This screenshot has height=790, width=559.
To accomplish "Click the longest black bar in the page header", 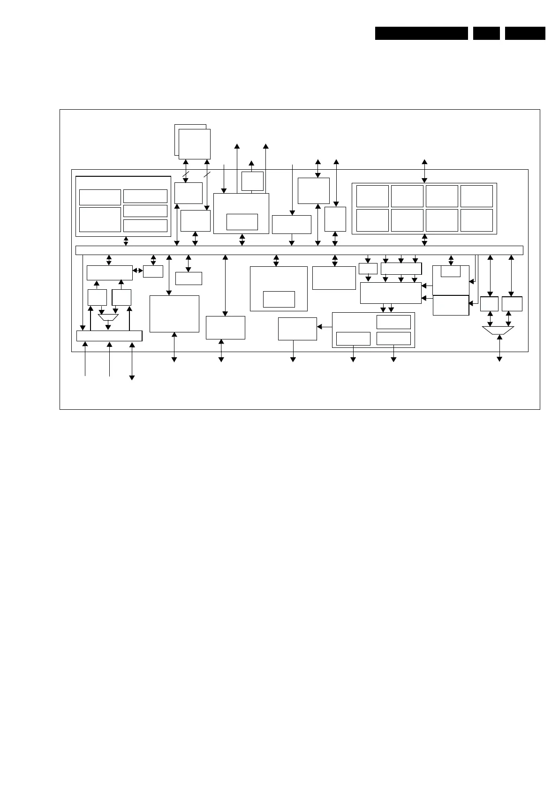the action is [x=421, y=33].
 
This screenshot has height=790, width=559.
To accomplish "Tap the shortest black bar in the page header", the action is [x=486, y=33].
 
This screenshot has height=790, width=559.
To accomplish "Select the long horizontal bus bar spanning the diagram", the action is [x=299, y=250].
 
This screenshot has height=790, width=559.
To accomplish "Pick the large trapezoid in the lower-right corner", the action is [x=498, y=331].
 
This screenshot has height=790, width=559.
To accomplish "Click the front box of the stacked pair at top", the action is [x=194, y=144].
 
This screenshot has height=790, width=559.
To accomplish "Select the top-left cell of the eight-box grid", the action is [x=372, y=196].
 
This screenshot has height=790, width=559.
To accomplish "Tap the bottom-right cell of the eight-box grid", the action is [x=476, y=220].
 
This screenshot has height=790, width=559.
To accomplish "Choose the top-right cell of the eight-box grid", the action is [x=476, y=196].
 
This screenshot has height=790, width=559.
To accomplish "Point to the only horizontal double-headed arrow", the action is [x=138, y=271].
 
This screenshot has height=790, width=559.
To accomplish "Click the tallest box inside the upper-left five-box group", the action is [x=100, y=219].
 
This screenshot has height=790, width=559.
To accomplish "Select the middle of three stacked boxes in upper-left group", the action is [x=145, y=211].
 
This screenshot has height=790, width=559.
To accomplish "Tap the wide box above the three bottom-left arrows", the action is [x=109, y=336].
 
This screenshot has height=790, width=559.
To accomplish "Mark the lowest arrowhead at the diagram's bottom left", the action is [x=132, y=377].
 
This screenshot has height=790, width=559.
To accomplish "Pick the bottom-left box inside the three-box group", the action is [x=353, y=339].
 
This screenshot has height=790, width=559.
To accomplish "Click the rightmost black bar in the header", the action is [x=525, y=33].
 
